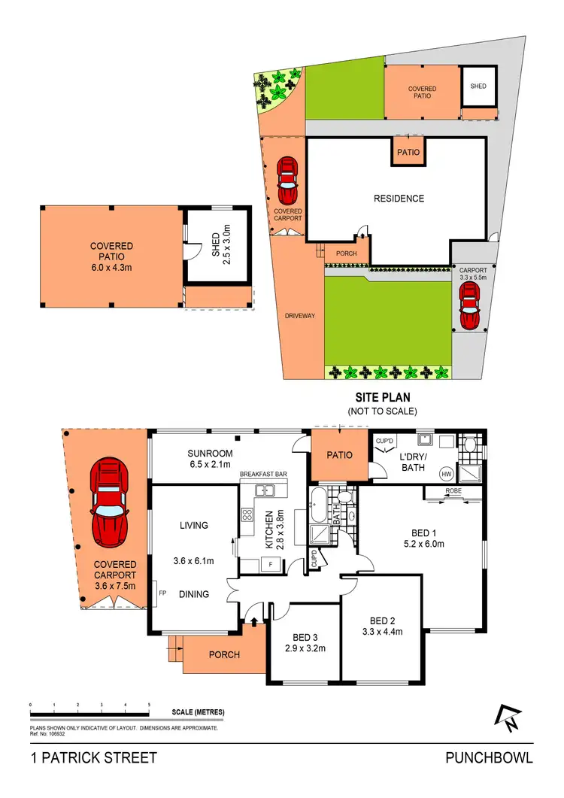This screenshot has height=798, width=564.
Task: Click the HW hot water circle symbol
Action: tap(447, 473)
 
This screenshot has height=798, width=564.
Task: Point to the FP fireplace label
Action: tap(162, 593)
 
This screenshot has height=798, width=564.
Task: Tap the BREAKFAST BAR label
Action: tap(265, 475)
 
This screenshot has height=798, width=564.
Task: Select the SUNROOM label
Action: tap(211, 454)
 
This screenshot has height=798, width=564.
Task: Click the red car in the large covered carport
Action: tap(109, 505)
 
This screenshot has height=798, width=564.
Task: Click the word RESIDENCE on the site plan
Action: tap(399, 199)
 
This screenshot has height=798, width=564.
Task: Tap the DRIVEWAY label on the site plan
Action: tap(300, 316)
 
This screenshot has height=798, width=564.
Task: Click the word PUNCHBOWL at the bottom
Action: tap(489, 757)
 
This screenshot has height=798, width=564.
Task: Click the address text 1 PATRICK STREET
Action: tap(94, 757)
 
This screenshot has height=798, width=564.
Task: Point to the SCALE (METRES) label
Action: tap(198, 712)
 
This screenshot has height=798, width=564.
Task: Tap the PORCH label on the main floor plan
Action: tap(224, 654)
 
